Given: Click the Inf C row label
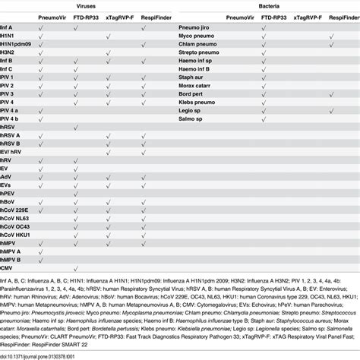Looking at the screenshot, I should [7, 68].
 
